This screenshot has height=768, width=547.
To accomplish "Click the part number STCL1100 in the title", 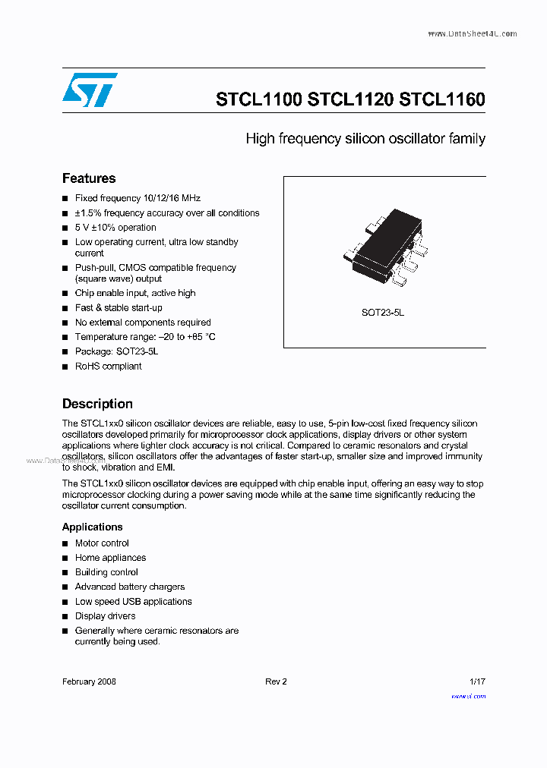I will [259, 99].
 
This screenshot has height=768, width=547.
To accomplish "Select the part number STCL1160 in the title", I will [442, 99].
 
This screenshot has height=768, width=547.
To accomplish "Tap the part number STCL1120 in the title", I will [351, 99].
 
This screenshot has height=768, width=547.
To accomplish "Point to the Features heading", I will [89, 178].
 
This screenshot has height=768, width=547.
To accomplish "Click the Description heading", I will [97, 404].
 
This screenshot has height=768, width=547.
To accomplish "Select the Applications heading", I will [92, 527].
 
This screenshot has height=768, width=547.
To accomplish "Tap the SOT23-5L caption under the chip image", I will [383, 313].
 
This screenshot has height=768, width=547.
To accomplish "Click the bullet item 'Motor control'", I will [102, 543].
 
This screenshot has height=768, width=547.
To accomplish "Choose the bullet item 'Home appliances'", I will [110, 558].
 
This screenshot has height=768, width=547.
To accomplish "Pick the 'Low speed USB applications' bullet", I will [133, 602].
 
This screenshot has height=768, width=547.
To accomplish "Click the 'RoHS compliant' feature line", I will [108, 366].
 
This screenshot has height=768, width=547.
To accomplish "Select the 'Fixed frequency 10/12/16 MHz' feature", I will [138, 198].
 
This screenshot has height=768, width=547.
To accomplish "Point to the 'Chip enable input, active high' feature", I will [135, 293].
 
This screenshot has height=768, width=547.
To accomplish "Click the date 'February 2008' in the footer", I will [89, 681].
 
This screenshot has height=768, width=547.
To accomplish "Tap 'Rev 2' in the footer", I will [276, 681].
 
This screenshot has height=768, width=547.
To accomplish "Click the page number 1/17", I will [477, 681].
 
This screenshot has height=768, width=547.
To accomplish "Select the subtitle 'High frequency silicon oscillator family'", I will [365, 139].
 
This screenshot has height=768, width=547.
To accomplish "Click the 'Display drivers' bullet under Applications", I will [105, 616].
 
